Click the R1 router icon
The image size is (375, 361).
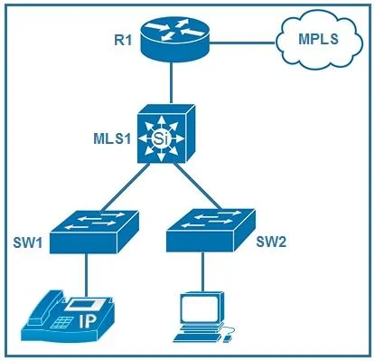(175, 40)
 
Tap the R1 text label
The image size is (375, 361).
(123, 40)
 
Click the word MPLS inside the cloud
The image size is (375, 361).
(319, 39)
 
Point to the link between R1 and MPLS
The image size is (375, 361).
(242, 43)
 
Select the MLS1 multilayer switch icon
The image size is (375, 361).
(166, 134)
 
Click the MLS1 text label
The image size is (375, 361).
(113, 138)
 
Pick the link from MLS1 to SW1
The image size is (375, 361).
(126, 187)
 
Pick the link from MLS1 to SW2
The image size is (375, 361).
(198, 186)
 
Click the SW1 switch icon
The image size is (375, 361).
(94, 232)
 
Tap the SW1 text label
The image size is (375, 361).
(27, 243)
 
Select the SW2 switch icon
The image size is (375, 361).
(211, 230)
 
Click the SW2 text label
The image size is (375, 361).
(271, 242)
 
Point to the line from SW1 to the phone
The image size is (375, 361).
(87, 275)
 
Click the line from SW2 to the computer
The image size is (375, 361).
(202, 271)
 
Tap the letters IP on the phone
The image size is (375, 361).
(88, 321)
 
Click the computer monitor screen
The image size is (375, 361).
(200, 309)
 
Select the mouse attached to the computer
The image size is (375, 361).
(228, 338)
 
